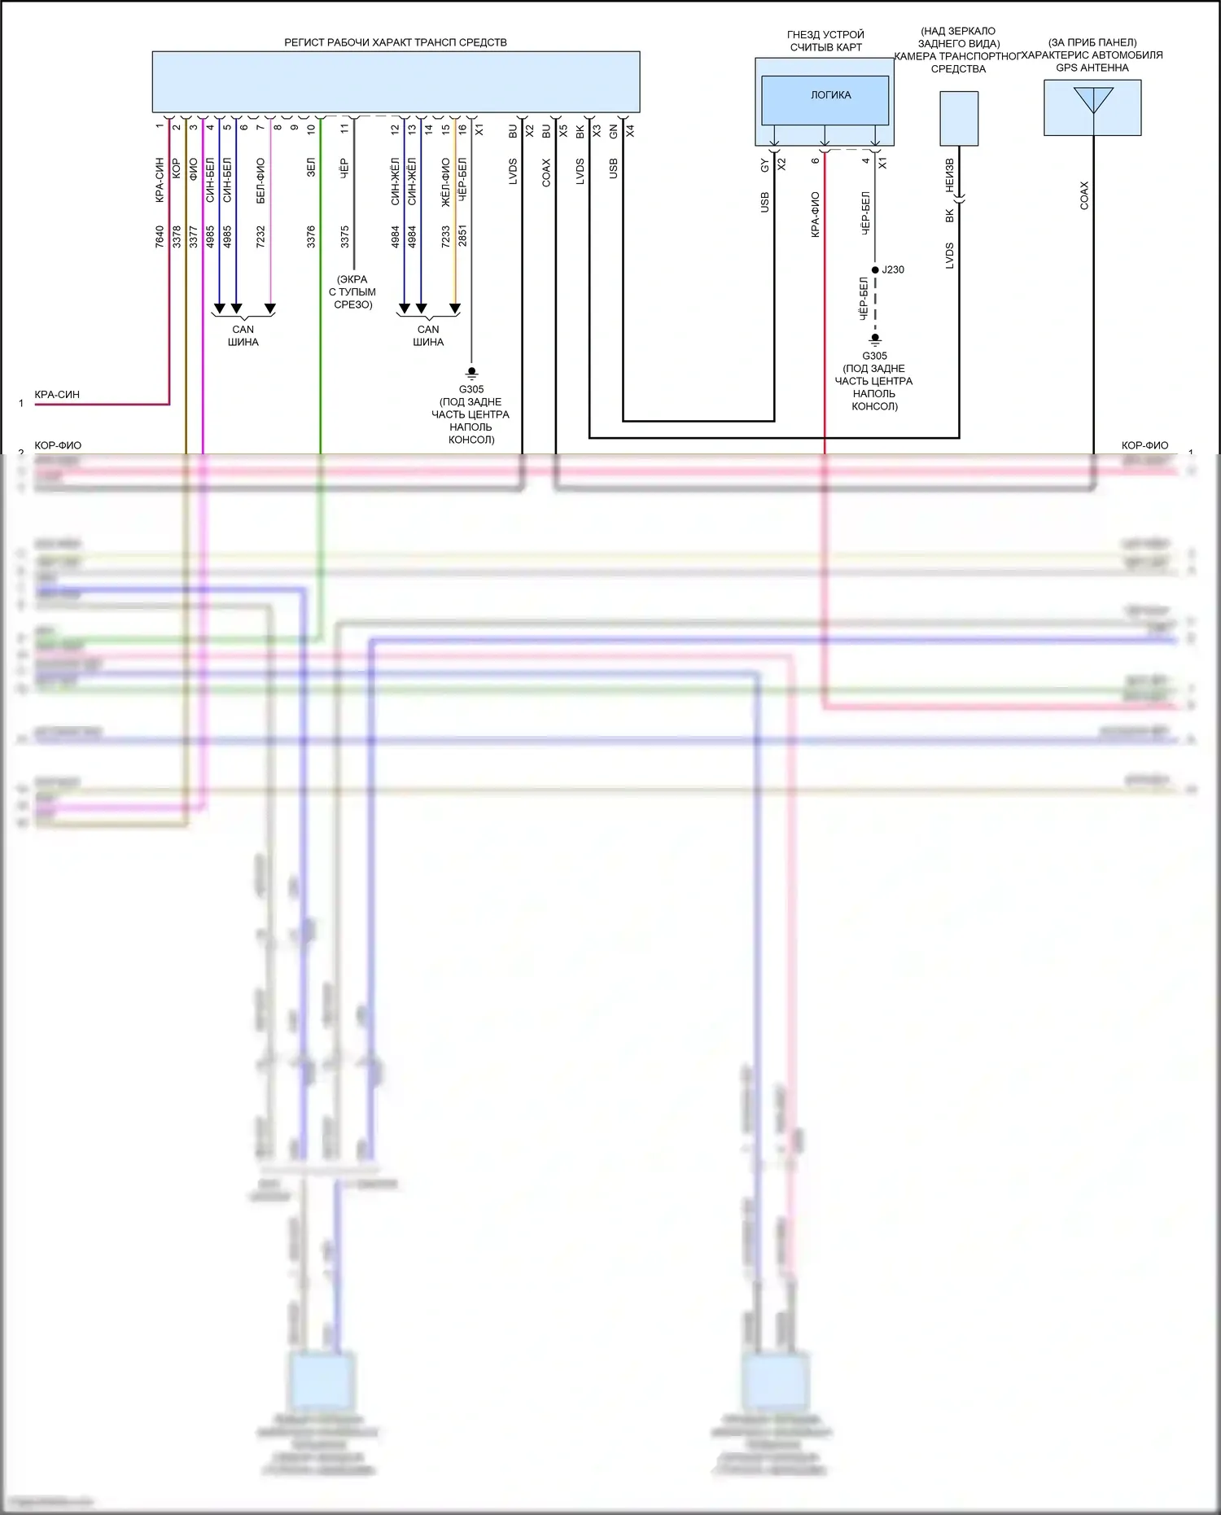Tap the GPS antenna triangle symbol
point(1092,100)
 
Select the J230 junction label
point(893,269)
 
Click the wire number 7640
point(160,237)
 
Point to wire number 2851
point(462,236)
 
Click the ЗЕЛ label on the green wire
point(311,168)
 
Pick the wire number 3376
point(311,237)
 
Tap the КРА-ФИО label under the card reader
point(815,214)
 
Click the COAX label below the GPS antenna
point(1083,195)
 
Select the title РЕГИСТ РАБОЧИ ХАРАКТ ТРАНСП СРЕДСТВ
point(395,42)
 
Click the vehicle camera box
point(959,118)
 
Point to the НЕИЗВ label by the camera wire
point(949,176)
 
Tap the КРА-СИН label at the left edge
point(57,395)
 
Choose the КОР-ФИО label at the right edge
point(1144,445)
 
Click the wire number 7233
point(446,237)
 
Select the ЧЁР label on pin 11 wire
point(344,168)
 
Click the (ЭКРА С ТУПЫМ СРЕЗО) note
point(352,291)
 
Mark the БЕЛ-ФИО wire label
point(260,181)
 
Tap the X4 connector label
point(630,129)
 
